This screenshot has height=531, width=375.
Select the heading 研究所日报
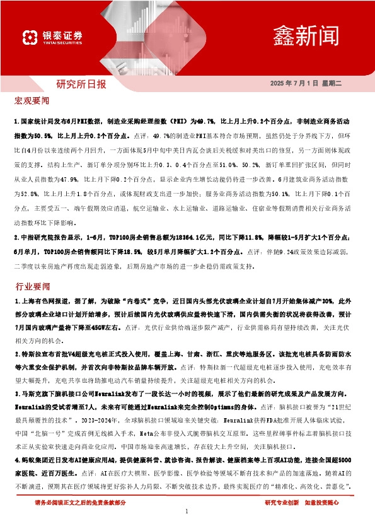[x=81, y=84]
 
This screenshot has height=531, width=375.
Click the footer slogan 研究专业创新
[x=282, y=502]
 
